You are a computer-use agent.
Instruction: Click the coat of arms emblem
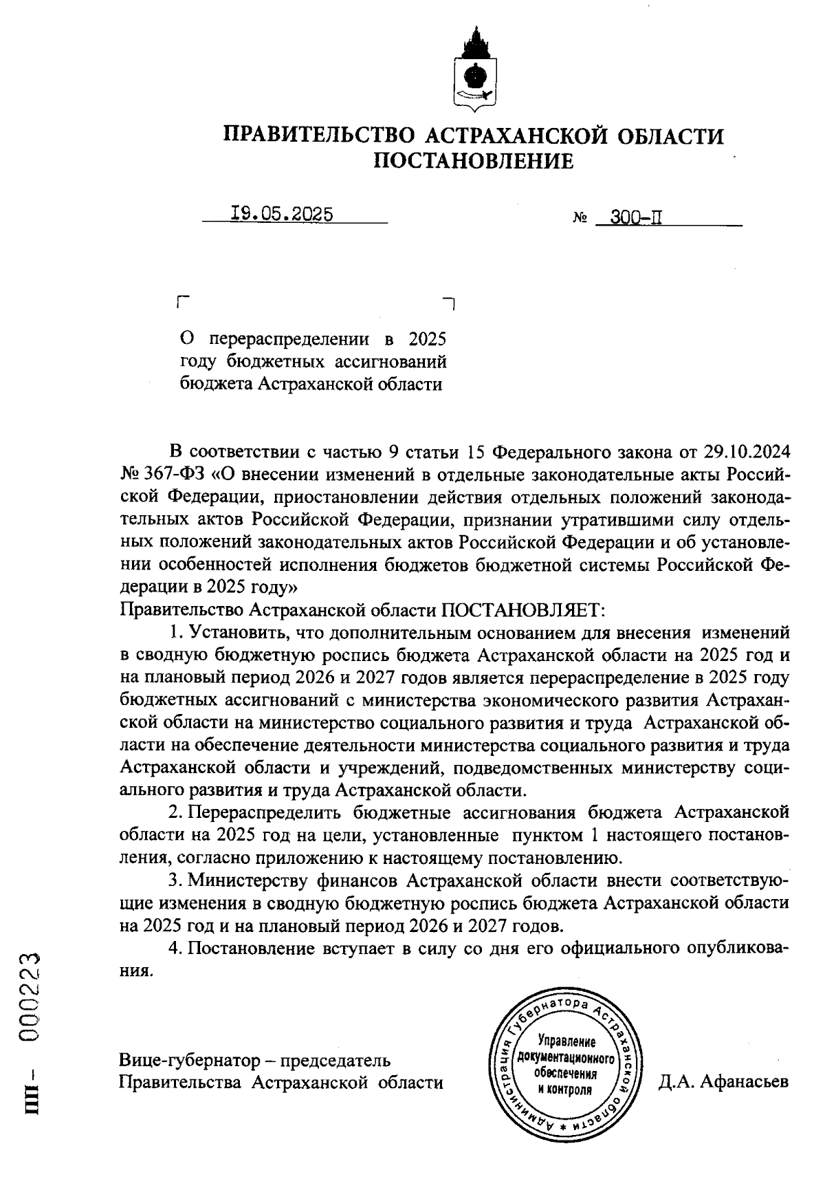[474, 71]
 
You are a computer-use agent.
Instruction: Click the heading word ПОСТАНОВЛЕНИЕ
[473, 161]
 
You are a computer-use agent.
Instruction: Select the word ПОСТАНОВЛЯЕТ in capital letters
[522, 609]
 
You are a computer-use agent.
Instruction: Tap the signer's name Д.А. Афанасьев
[723, 1083]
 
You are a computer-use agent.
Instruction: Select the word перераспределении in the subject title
[289, 340]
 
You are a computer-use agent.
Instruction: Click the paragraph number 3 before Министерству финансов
[174, 880]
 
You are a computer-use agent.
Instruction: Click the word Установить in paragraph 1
[233, 632]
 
